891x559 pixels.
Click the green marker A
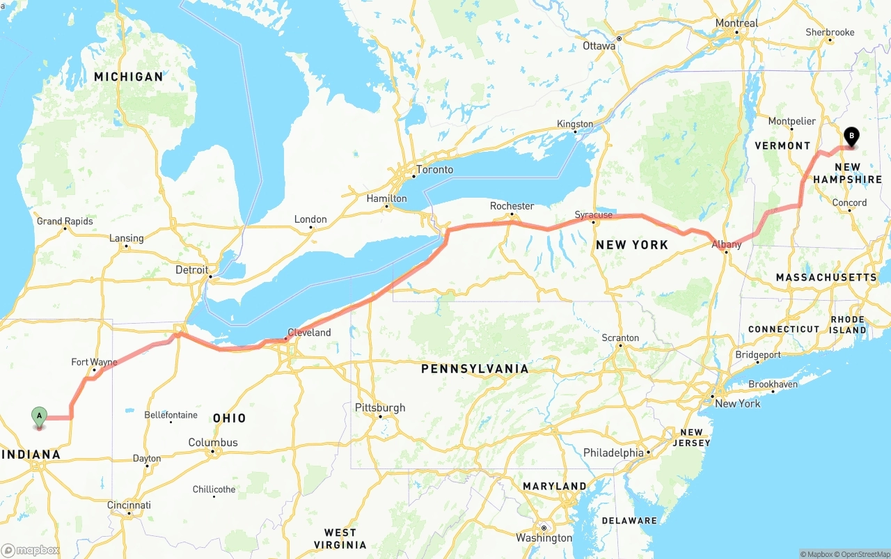[40, 416]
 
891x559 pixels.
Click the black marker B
[851, 136]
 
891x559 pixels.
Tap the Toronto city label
[434, 170]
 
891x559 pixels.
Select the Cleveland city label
[309, 333]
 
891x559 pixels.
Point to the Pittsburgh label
[380, 408]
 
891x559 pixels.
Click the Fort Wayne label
[94, 362]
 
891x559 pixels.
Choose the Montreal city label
[736, 24]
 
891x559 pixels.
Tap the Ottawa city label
[599, 46]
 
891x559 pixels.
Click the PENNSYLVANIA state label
[475, 369]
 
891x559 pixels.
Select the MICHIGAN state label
[129, 77]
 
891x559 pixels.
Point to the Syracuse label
[593, 215]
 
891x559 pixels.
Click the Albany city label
[726, 244]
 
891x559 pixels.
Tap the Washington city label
[544, 538]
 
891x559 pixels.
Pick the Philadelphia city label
[613, 453]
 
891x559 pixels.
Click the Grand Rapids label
[65, 221]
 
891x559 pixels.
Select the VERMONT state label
[783, 145]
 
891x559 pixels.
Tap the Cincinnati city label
[129, 505]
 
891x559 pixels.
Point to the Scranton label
[620, 338]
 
